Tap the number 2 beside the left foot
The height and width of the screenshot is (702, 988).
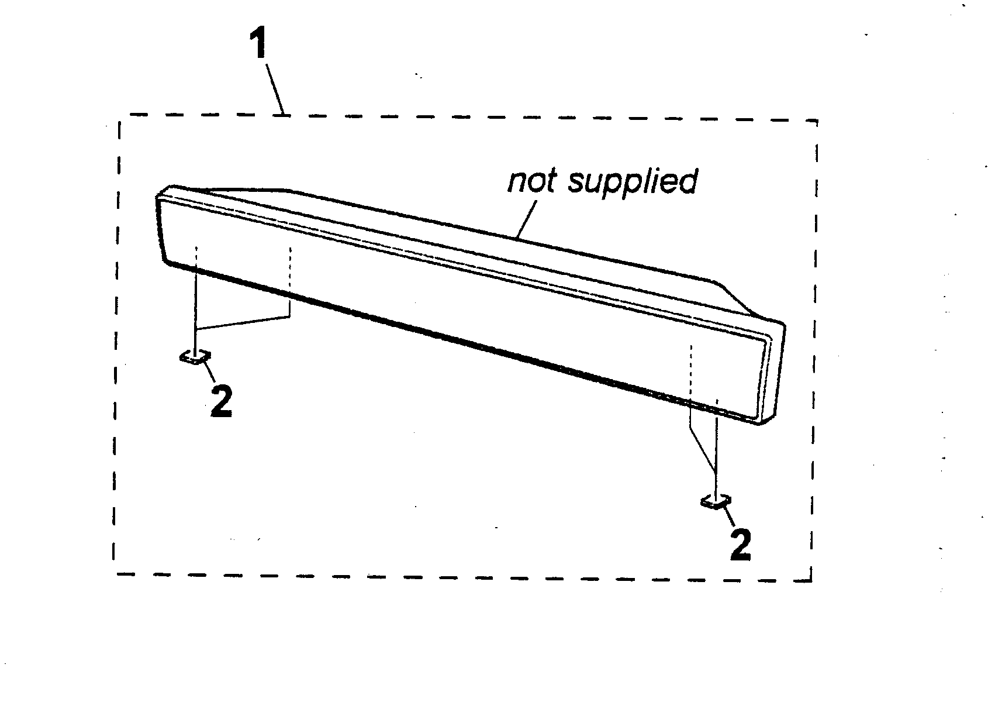pyautogui.click(x=222, y=400)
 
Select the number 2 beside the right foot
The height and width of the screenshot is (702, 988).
pyautogui.click(x=741, y=545)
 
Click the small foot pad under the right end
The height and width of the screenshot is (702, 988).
pyautogui.click(x=716, y=502)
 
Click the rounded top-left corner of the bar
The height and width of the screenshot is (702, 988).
pyautogui.click(x=164, y=191)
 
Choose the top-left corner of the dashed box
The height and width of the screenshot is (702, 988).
pyautogui.click(x=119, y=115)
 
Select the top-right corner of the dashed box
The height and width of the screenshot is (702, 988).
pyautogui.click(x=817, y=121)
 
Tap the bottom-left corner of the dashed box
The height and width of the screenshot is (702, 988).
pyautogui.click(x=114, y=574)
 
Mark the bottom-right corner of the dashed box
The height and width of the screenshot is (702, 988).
pyautogui.click(x=811, y=581)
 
